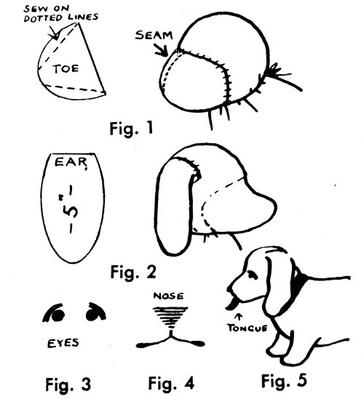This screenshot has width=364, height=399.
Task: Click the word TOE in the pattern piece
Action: tap(66, 69)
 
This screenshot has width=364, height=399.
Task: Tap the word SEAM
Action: tap(154, 35)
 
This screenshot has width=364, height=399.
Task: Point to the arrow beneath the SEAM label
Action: tap(162, 50)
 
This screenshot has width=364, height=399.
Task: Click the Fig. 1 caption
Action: tap(131, 128)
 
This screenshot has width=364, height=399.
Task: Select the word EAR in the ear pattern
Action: tap(71, 163)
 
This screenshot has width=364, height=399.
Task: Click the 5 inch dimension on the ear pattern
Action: tap(70, 209)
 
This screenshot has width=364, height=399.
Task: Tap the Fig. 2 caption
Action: tap(133, 272)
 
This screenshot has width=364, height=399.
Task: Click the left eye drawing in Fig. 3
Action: tap(55, 313)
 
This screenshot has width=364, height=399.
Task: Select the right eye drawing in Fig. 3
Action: tap(95, 311)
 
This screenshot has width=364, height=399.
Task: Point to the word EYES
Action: tap(63, 343)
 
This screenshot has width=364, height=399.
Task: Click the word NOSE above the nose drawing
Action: tap(168, 296)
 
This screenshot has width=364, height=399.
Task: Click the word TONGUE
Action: tap(248, 328)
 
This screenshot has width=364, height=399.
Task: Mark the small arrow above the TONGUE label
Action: tap(239, 318)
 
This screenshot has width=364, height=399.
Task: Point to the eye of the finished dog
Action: tap(253, 274)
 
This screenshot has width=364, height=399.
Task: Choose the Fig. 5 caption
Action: tap(284, 381)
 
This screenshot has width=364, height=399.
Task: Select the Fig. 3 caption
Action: tap(68, 384)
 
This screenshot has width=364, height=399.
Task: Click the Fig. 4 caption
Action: tap(171, 383)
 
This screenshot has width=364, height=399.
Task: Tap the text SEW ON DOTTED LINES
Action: tap(60, 13)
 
